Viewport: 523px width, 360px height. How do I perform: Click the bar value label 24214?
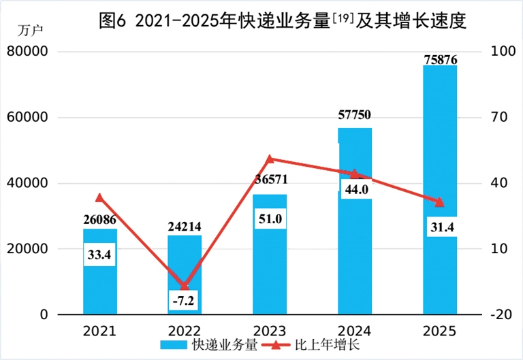[x=185, y=227]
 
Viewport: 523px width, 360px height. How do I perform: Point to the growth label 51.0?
[x=270, y=219]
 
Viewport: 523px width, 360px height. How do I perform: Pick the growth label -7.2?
[x=184, y=299]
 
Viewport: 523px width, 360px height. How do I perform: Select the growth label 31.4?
[x=440, y=226]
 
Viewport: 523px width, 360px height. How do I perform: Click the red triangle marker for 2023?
[x=270, y=159]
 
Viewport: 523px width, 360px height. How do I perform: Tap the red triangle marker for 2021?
[x=99, y=198]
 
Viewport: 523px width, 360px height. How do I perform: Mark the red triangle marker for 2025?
[x=440, y=202]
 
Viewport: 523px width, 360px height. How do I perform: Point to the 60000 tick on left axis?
[x=29, y=118]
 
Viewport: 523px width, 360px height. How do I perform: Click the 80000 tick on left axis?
[x=29, y=52]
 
